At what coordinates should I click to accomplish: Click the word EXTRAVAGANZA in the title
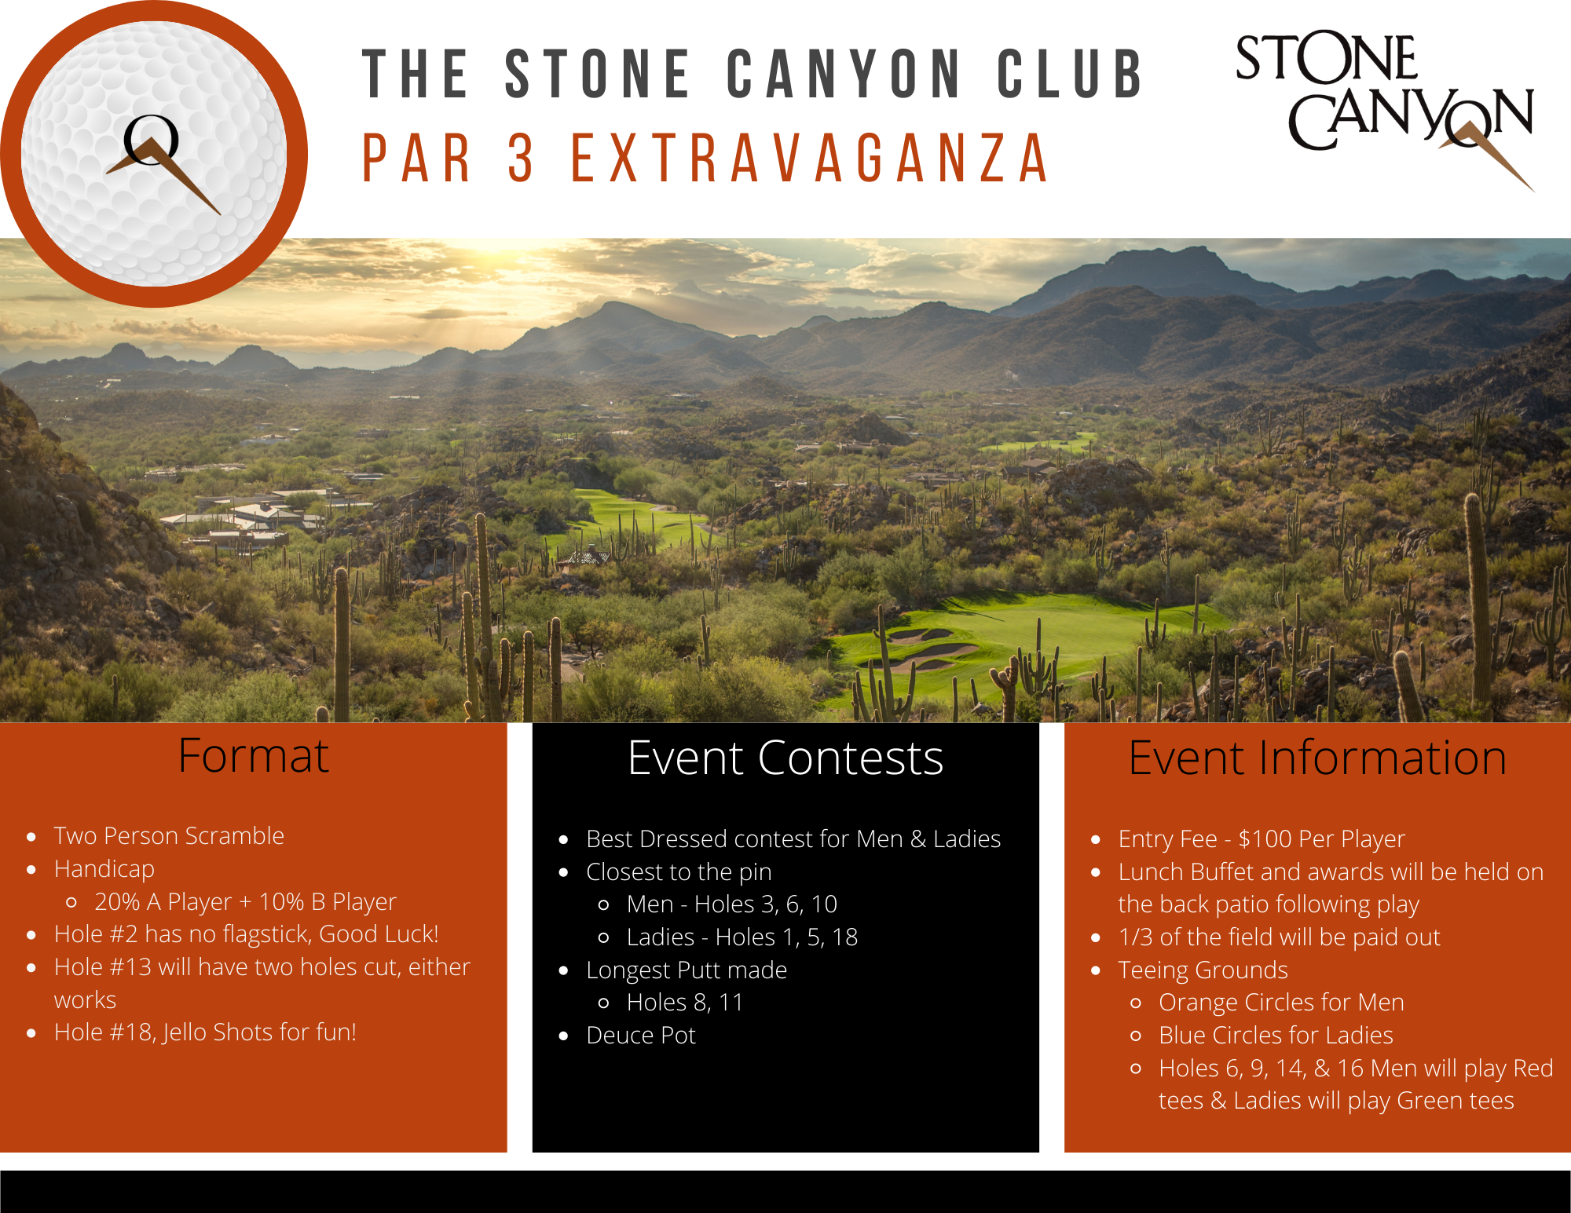coord(810,158)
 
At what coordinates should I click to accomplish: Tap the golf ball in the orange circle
coord(154,153)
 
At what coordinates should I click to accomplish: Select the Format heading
coord(253,756)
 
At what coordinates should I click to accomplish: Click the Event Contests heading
coord(785,758)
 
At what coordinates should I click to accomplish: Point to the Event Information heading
coord(1317,758)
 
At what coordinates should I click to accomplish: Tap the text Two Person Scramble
coord(169,835)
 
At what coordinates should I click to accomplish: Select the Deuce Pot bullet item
coord(641,1036)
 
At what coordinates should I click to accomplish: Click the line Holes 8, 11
coord(685,1003)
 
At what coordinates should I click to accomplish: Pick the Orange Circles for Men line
coord(1281,1003)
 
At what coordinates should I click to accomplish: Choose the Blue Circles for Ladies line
coord(1276,1036)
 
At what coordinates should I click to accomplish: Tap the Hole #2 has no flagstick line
coord(246,934)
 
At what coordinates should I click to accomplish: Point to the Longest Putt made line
coord(687,970)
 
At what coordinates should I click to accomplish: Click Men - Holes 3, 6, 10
coord(732,904)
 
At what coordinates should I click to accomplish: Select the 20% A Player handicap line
coord(245,902)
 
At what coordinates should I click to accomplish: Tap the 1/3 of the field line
coord(1279,937)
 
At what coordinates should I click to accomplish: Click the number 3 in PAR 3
coord(521,158)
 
